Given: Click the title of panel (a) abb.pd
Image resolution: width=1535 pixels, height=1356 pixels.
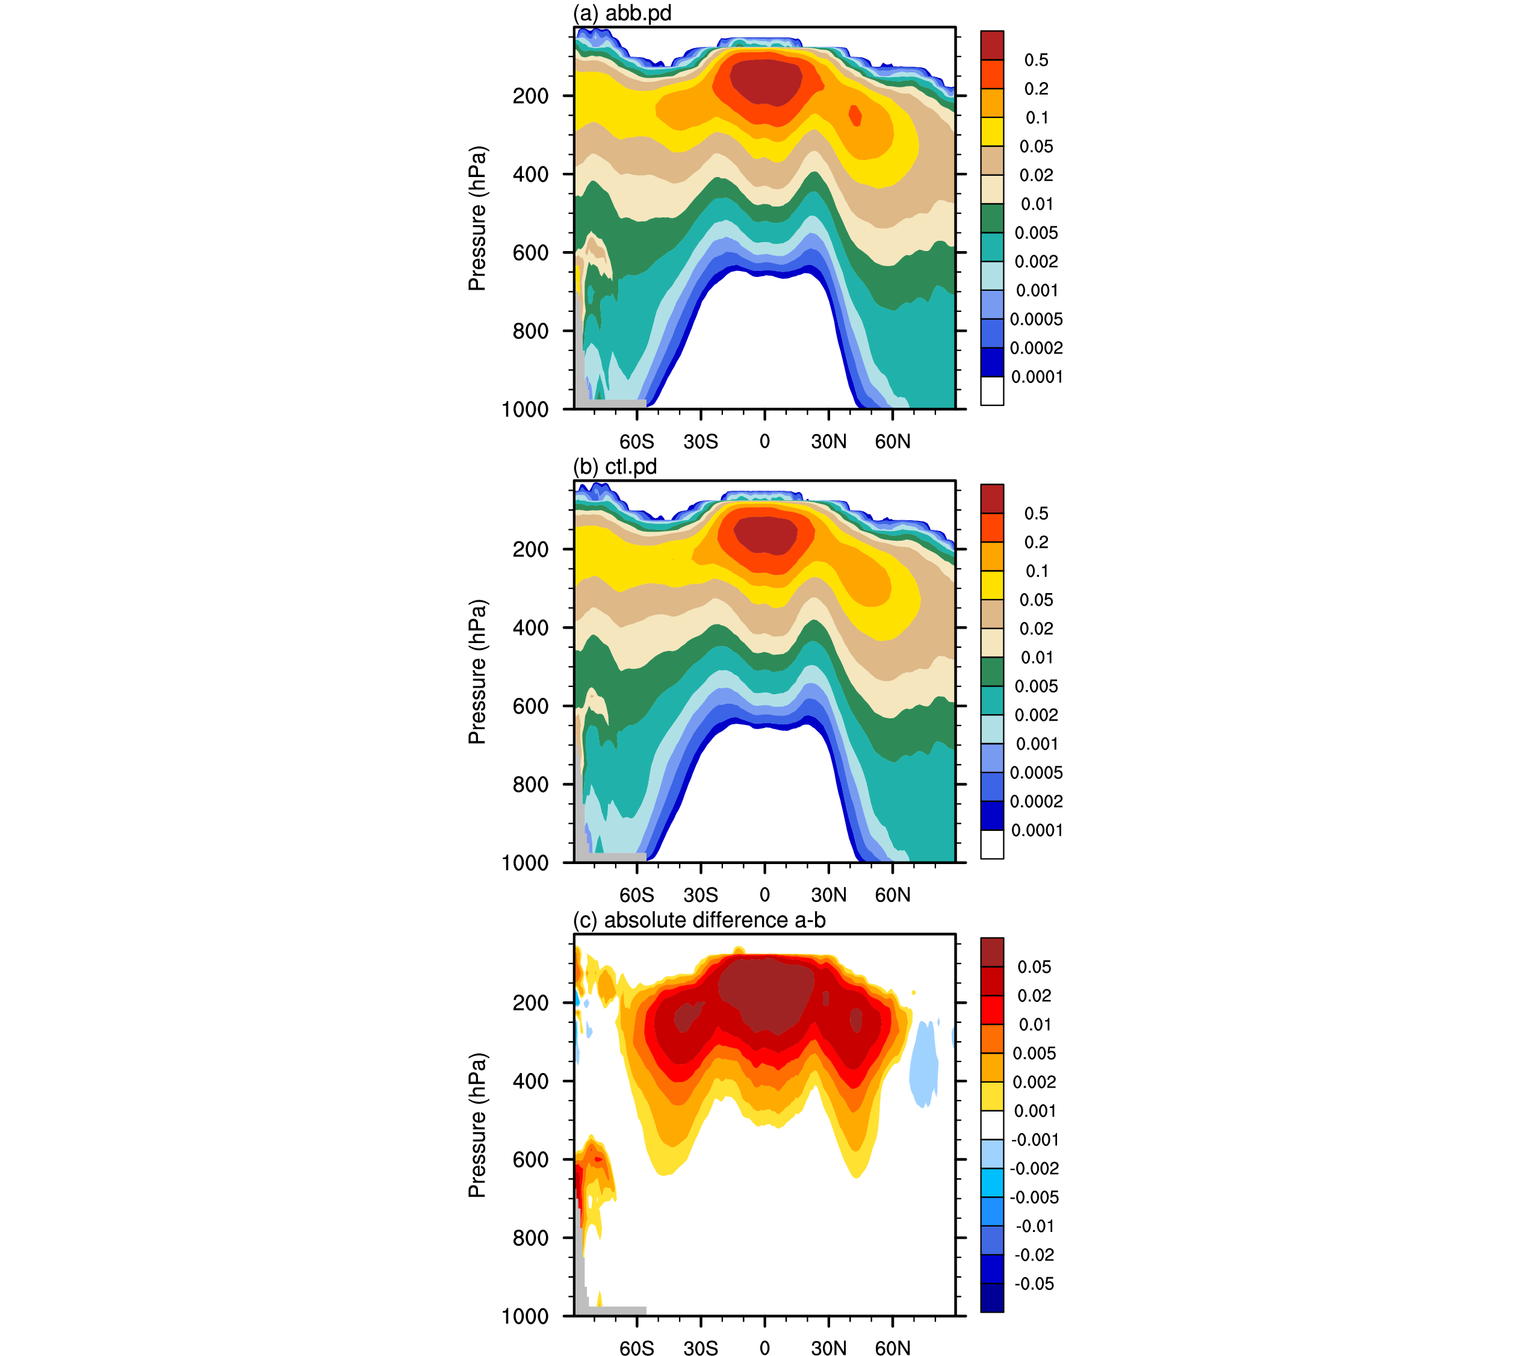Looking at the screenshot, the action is point(622,13).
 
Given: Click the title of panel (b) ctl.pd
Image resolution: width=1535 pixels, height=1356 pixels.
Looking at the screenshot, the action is point(615,467).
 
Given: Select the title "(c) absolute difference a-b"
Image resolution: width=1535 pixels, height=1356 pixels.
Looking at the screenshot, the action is point(699,920).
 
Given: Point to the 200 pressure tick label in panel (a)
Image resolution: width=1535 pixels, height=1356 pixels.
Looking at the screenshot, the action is point(530,96).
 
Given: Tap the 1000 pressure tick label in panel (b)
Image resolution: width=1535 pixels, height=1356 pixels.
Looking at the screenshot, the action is point(525,863).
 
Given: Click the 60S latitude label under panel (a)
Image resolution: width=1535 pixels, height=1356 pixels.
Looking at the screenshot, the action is point(637,442).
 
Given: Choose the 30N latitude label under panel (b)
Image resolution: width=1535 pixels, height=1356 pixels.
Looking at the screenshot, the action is point(828,895).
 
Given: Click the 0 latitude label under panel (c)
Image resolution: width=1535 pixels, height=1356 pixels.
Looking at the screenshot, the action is point(764,1349).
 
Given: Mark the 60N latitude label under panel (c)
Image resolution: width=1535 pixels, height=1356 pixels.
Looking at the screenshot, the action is point(892,1349).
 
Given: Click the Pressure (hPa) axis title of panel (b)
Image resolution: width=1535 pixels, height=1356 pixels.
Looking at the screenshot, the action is point(477,671).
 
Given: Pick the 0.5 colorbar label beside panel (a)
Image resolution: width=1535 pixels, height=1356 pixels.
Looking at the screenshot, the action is point(1037,60).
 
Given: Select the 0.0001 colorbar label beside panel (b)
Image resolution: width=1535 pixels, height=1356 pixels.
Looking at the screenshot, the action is point(1037,831).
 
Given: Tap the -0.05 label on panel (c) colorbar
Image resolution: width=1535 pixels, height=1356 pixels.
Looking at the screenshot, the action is point(1034,1284).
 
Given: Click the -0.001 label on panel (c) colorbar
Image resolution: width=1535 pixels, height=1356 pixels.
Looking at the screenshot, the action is point(1035,1140).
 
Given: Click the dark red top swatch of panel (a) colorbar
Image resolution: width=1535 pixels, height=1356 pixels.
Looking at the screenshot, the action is point(992,45).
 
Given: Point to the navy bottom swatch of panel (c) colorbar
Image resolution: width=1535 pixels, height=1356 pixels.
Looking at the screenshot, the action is point(992,1298).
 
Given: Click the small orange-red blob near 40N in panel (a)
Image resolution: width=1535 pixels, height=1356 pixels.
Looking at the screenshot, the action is point(855,115).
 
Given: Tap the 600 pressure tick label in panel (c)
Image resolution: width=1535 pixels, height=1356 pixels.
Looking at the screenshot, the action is point(530,1160).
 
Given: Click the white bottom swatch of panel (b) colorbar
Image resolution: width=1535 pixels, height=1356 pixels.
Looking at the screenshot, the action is point(992,844).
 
